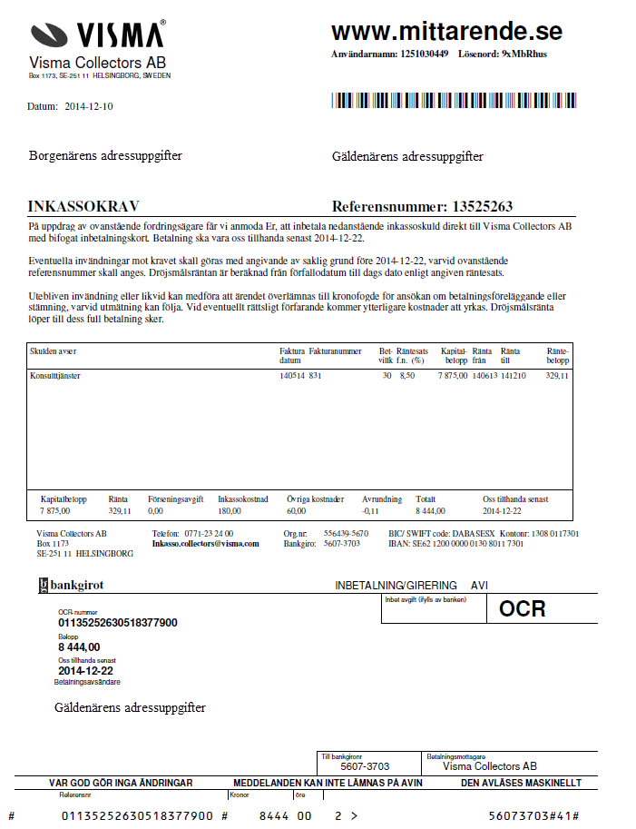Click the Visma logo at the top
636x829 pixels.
tap(98, 35)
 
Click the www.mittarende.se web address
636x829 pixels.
tap(446, 32)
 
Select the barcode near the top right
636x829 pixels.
tap(454, 100)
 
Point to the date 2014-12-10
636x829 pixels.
tap(89, 106)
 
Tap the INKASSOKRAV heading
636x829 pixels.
tap(83, 206)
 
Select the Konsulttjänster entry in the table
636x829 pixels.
tap(55, 375)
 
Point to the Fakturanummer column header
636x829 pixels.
tap(335, 350)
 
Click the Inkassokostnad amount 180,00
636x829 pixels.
tap(230, 511)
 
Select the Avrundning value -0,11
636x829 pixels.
tap(370, 511)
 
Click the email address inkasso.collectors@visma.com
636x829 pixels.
tap(205, 544)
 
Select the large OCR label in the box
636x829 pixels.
tap(523, 608)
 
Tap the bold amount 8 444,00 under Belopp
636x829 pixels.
tap(79, 647)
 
